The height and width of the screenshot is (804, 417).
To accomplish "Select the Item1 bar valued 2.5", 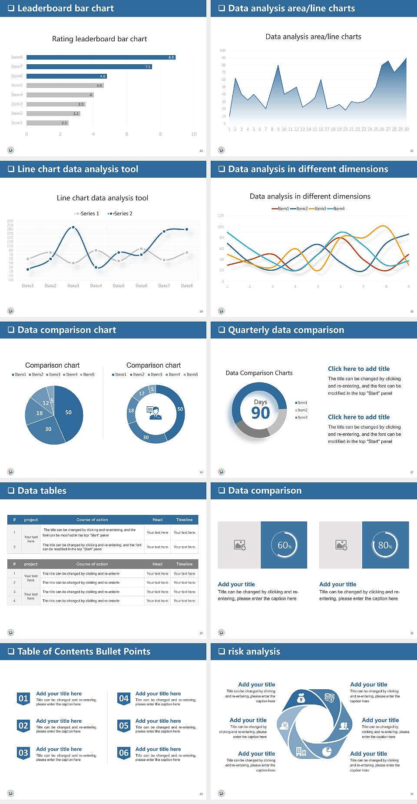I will [x=47, y=123].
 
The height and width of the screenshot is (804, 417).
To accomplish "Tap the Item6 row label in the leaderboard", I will [x=17, y=76].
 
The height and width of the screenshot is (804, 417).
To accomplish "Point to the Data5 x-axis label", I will [x=119, y=286].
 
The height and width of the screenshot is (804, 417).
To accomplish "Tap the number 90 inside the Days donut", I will [x=261, y=413].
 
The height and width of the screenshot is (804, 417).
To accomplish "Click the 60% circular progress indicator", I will [x=285, y=545].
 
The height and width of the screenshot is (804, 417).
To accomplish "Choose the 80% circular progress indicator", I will [x=385, y=545].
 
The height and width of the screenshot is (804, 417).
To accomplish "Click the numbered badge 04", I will [x=124, y=698].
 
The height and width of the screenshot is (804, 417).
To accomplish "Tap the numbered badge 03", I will [x=23, y=753].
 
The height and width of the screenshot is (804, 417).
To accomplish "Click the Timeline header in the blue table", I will [x=184, y=520].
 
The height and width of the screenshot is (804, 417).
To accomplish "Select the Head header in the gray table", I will [x=157, y=564].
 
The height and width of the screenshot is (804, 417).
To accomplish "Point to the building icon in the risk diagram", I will [x=301, y=751].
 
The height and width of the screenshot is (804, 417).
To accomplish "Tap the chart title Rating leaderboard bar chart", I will [x=99, y=39].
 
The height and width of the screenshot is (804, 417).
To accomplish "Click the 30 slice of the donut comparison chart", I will [x=146, y=437].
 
